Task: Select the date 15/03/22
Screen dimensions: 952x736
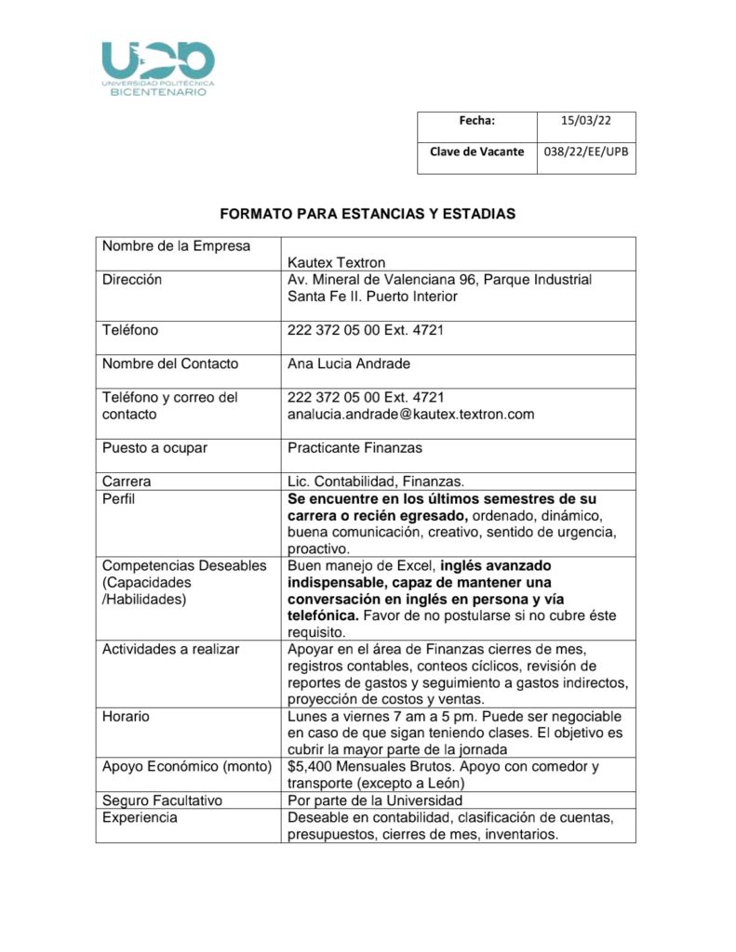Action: click(585, 120)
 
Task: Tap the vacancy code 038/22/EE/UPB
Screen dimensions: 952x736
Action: click(585, 152)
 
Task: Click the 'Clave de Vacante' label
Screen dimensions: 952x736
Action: click(476, 152)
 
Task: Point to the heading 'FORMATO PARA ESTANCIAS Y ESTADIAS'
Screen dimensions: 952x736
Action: click(368, 214)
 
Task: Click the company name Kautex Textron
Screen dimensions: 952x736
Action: click(337, 262)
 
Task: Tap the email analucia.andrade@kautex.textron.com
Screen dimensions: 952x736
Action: click(411, 415)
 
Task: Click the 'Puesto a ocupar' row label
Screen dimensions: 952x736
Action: click(154, 448)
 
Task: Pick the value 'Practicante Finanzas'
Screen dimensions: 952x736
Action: click(355, 448)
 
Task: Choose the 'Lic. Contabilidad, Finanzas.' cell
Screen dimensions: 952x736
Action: click(376, 482)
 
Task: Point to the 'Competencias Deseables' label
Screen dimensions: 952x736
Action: click(184, 565)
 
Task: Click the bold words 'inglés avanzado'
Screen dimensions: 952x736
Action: click(496, 565)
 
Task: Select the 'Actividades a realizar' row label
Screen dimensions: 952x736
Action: click(170, 649)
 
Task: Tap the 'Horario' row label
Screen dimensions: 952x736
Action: click(126, 717)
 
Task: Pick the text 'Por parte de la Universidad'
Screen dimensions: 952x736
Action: click(375, 800)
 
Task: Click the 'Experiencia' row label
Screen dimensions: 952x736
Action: click(140, 818)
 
